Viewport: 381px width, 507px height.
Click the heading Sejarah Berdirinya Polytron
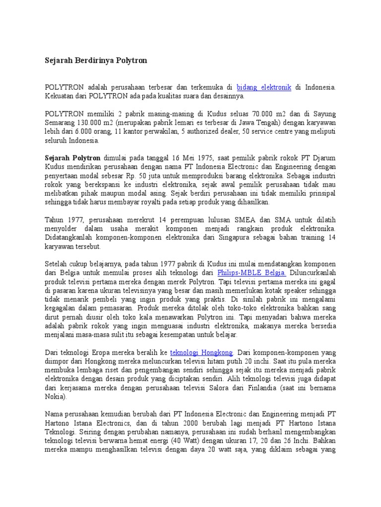pos(96,60)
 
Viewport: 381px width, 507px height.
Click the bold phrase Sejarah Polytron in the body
pos(72,157)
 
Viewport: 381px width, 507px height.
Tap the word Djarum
pos(322,157)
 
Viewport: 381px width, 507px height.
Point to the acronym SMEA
pos(236,220)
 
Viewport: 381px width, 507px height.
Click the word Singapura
pos(243,237)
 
